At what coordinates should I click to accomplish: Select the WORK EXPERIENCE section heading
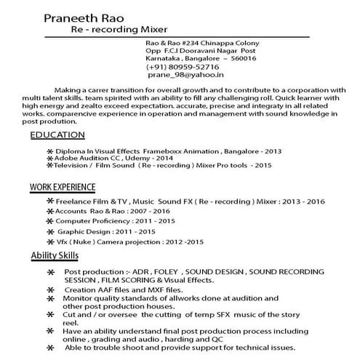click(62, 188)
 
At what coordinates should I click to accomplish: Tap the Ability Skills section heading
click(59, 255)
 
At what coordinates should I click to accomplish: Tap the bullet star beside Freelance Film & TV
click(49, 200)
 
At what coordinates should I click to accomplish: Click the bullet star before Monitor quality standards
click(50, 299)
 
